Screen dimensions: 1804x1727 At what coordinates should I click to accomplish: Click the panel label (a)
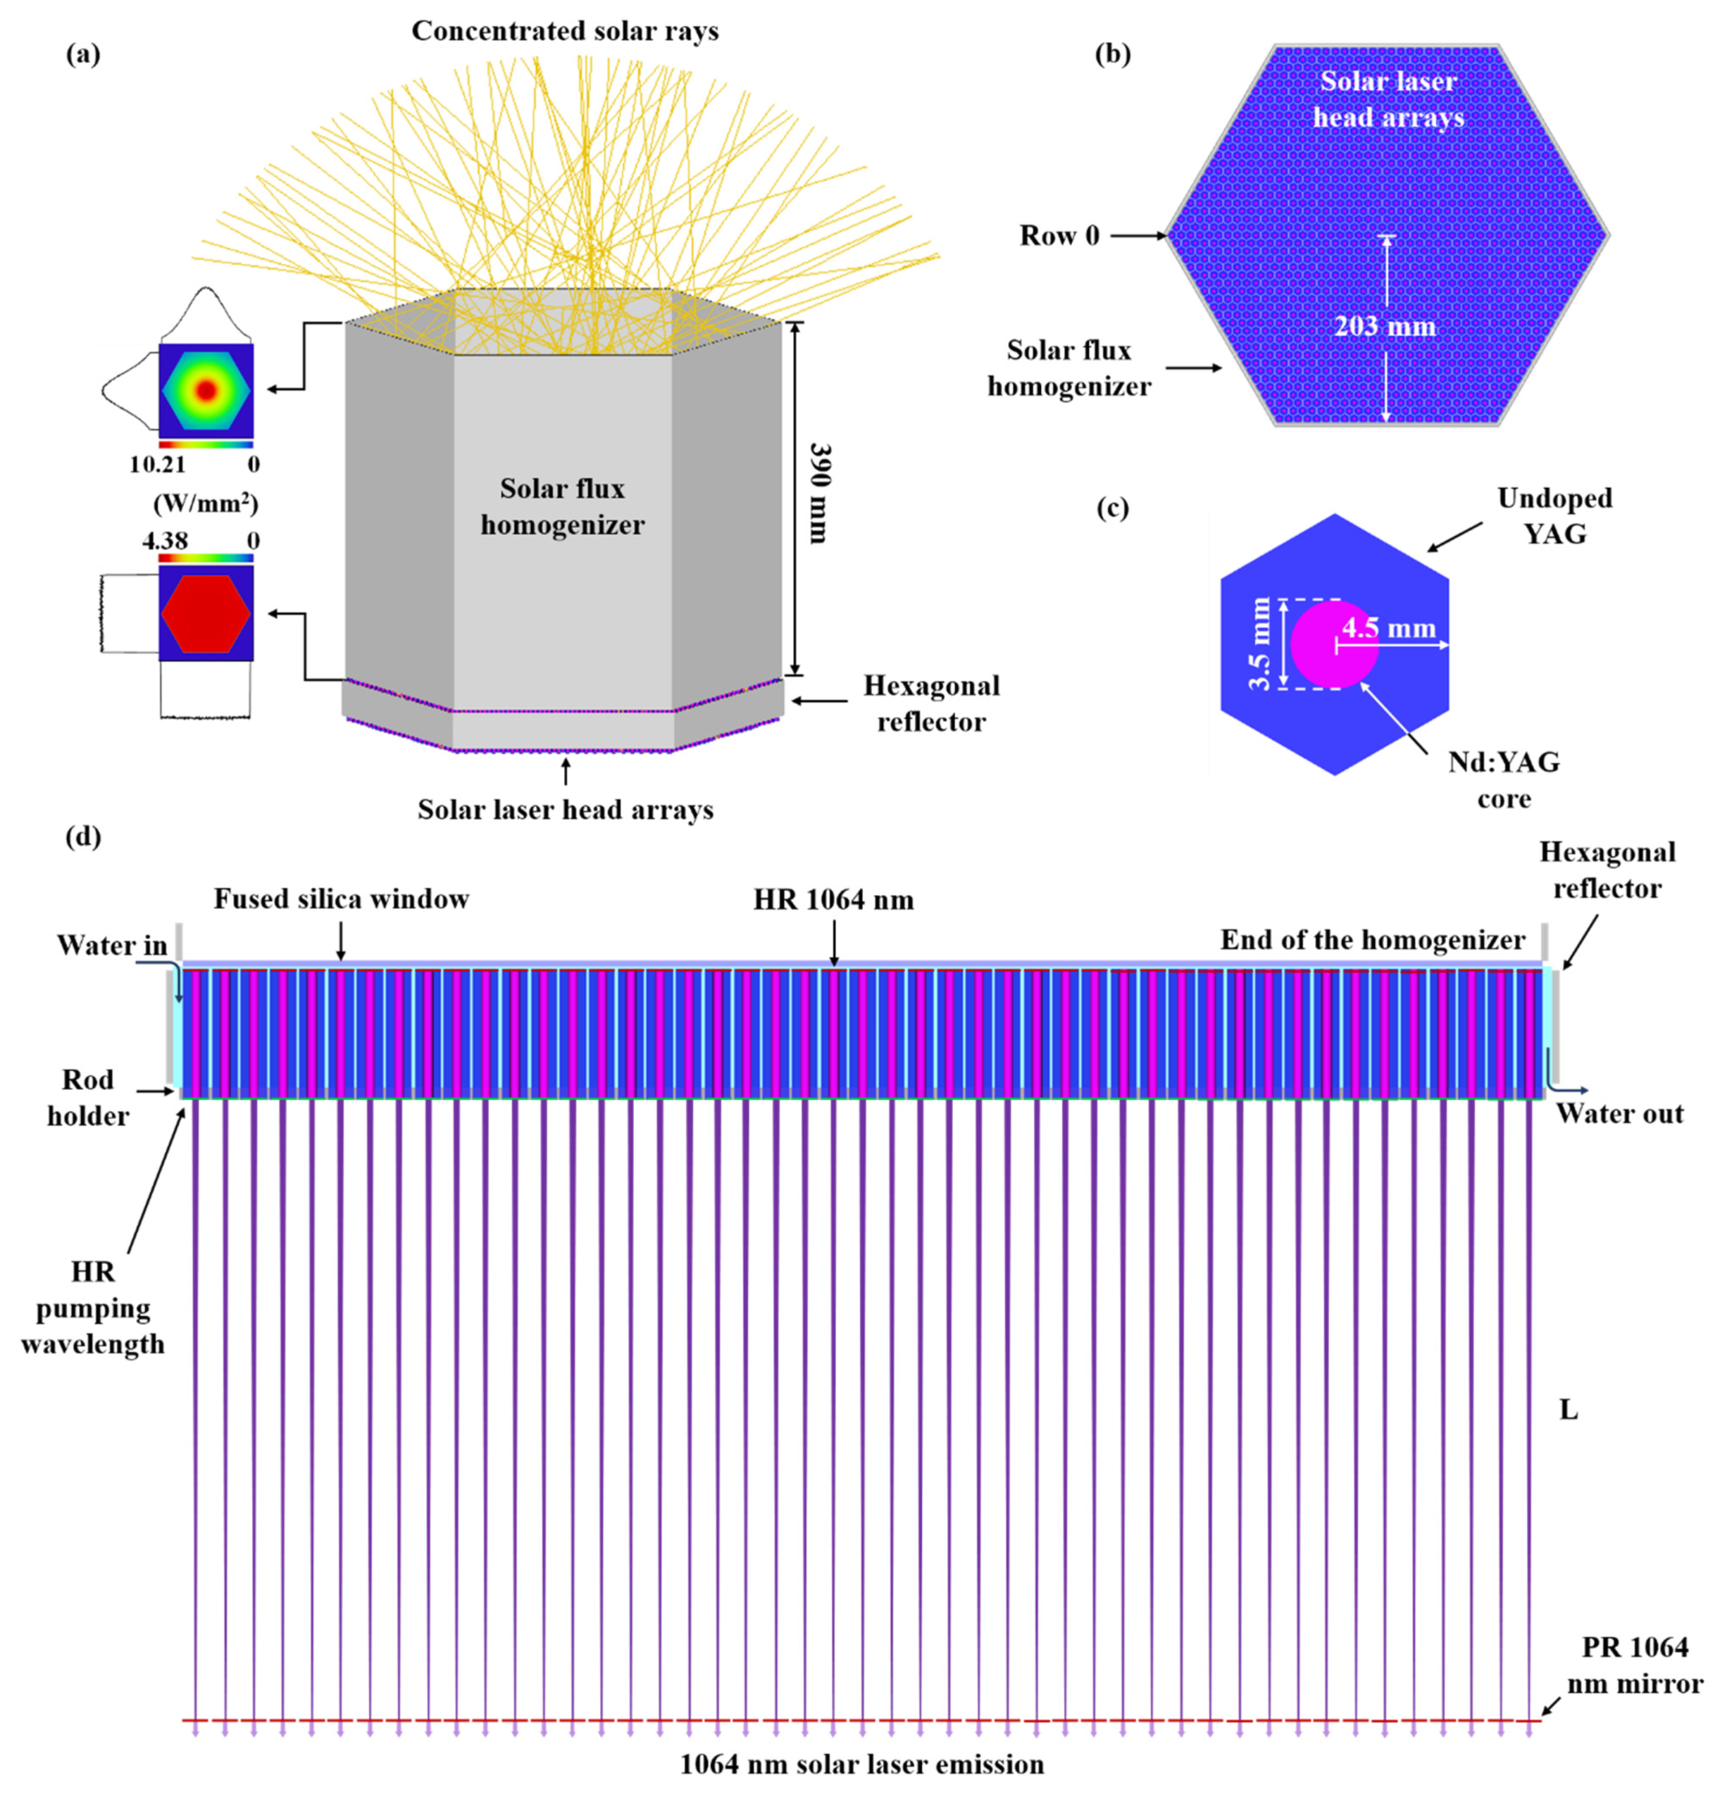(83, 55)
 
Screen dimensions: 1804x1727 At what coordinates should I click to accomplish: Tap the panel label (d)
(83, 838)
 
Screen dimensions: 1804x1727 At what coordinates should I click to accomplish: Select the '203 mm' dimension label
(1385, 327)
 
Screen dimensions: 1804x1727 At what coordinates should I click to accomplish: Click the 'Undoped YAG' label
(1554, 515)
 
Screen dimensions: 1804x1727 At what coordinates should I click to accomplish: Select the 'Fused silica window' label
(342, 899)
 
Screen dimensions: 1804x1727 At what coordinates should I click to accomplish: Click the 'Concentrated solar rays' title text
(565, 32)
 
